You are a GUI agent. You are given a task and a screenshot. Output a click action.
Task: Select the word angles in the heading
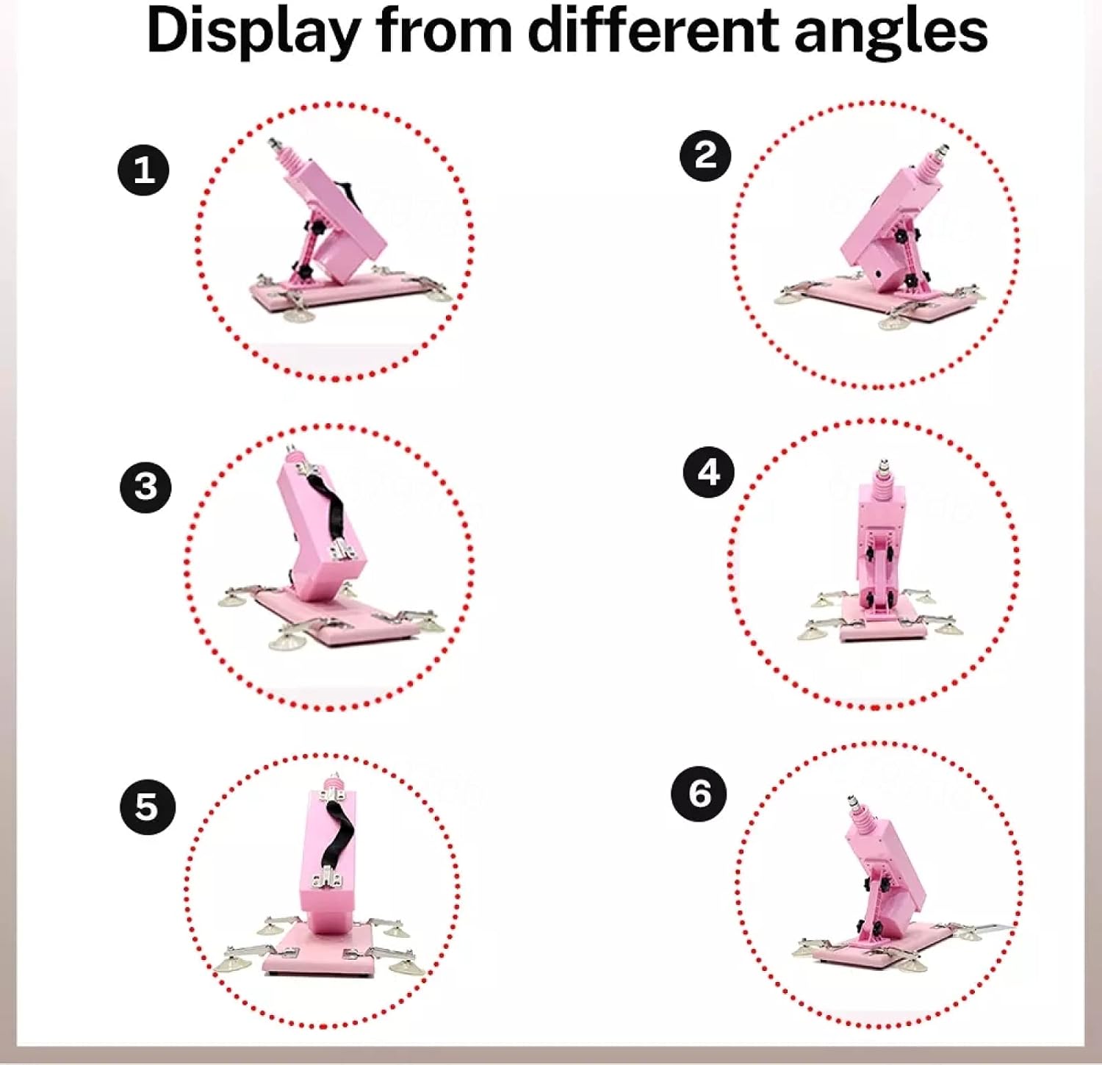(891, 34)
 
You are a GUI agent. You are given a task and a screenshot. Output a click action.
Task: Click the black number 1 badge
(144, 170)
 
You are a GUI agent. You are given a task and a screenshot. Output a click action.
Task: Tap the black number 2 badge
(705, 155)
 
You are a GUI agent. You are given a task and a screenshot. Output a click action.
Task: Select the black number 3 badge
(145, 487)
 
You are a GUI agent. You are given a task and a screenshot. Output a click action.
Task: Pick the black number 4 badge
(708, 472)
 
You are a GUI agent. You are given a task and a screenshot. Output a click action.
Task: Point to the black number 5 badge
(147, 806)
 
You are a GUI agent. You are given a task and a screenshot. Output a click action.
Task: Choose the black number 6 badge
(699, 793)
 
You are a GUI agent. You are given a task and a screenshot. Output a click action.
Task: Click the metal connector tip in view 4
(882, 466)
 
